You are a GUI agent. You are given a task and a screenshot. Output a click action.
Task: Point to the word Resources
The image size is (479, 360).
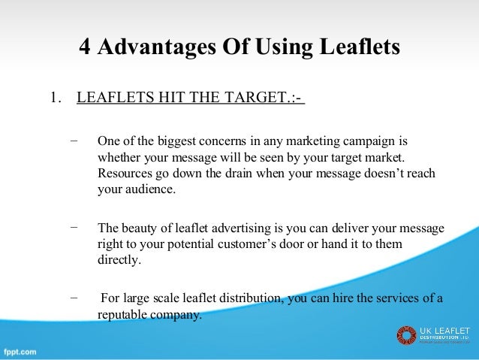pyautogui.click(x=125, y=174)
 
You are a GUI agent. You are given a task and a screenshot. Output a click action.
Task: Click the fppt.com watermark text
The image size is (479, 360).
pyautogui.click(x=21, y=351)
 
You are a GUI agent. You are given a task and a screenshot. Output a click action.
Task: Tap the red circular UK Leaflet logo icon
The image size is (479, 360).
pyautogui.click(x=406, y=335)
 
